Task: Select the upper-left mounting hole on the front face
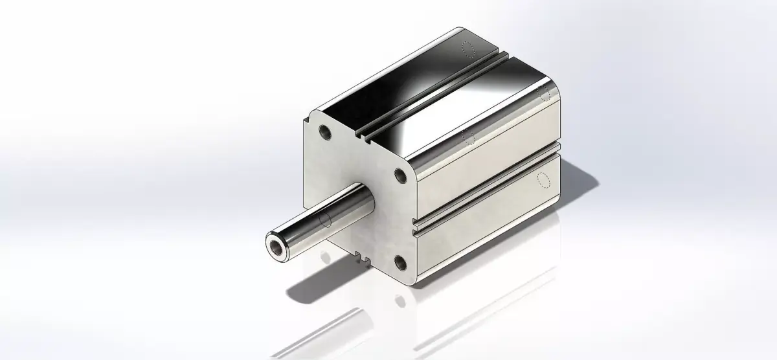(x=326, y=133)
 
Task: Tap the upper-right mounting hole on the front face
(x=401, y=175)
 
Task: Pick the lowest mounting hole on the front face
(x=400, y=262)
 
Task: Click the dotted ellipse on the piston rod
(x=325, y=219)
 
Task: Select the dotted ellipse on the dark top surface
(x=468, y=49)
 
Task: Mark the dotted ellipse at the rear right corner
(x=545, y=93)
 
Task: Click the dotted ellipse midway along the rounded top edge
(x=469, y=135)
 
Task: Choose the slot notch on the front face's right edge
(x=414, y=226)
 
